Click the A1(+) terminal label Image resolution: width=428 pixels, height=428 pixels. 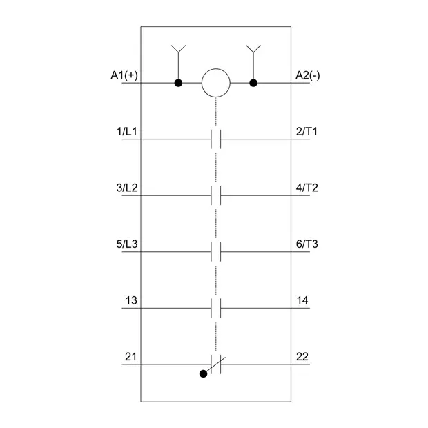(124, 75)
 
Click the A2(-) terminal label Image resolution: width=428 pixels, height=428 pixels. (308, 75)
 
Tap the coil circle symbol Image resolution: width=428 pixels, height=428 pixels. (216, 83)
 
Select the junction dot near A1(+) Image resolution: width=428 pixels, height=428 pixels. (178, 83)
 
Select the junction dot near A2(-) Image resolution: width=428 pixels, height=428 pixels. (253, 83)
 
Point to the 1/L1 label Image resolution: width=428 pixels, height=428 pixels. (127, 132)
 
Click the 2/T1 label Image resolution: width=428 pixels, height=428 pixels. (307, 132)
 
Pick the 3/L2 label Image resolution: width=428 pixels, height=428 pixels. (127, 188)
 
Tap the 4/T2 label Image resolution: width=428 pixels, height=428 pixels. (307, 188)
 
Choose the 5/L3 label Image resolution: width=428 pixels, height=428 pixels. (127, 244)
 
